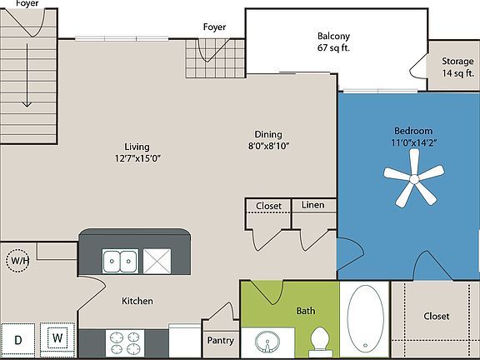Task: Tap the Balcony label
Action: tap(333, 36)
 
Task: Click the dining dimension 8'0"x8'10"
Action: tap(267, 145)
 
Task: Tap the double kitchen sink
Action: tap(121, 261)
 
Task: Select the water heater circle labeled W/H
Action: tap(17, 261)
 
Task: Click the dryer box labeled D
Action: tap(17, 339)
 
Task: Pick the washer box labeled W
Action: tap(57, 338)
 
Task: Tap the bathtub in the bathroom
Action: tap(366, 319)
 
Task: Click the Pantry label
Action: tap(220, 340)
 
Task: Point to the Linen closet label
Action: tap(313, 205)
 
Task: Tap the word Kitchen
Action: tap(137, 301)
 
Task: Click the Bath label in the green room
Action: tap(306, 311)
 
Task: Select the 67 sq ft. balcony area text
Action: tap(333, 48)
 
